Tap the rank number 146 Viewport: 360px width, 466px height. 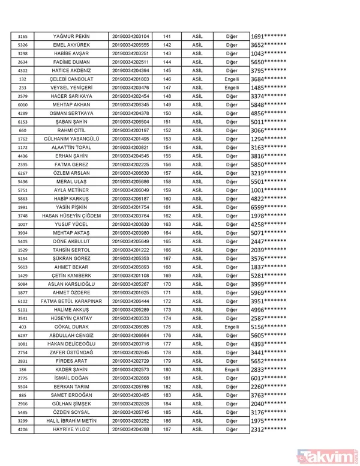click(x=167, y=79)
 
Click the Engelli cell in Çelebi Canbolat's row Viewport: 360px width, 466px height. click(x=232, y=79)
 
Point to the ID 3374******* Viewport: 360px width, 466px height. click(x=268, y=96)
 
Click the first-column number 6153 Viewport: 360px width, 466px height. click(x=23, y=122)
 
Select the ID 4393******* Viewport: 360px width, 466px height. click(x=268, y=344)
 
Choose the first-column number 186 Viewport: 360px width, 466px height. click(x=23, y=370)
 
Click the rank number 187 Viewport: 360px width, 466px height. click(x=167, y=430)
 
